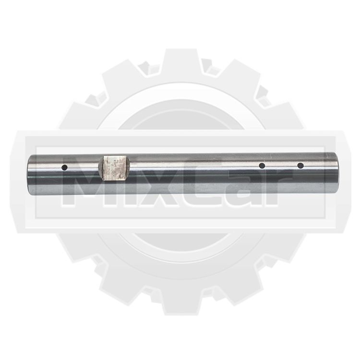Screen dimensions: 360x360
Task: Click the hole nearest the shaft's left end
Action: click(64, 168)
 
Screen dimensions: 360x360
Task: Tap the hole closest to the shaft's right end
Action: click(300, 166)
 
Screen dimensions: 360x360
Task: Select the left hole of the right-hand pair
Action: click(262, 166)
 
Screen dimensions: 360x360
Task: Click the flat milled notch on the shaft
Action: click(115, 168)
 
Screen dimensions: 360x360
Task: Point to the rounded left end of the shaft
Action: click(30, 175)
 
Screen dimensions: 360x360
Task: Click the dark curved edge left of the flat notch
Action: click(101, 167)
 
